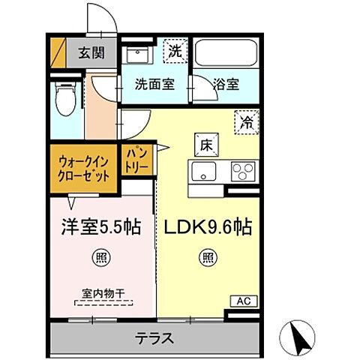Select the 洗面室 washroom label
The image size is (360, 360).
click(155, 84)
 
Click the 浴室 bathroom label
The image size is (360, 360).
click(226, 84)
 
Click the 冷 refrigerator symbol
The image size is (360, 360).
click(246, 120)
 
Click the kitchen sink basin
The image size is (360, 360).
click(204, 172)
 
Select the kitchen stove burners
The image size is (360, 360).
click(241, 172)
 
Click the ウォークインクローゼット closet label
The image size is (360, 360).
click(82, 164)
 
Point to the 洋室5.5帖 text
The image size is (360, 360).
click(100, 227)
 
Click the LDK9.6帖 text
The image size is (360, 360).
click(205, 227)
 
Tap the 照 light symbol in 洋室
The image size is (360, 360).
click(100, 257)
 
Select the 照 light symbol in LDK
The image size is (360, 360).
click(205, 257)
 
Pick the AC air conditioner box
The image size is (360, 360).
click(242, 301)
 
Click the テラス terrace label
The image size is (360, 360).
click(155, 337)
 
